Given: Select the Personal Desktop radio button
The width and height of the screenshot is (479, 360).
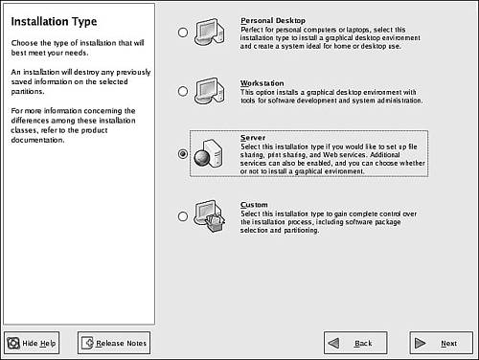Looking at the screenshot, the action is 183,33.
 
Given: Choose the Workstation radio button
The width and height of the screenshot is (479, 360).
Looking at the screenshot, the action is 183,91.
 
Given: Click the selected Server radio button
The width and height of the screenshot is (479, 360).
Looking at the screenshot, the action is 183,154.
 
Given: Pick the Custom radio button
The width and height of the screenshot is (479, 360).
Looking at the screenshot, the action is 183,216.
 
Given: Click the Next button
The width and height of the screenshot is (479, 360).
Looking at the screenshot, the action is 442,343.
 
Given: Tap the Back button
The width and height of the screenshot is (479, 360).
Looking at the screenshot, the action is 355,343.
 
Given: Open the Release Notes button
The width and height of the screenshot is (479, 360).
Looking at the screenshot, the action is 114,343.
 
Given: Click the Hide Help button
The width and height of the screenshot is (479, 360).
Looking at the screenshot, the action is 32,343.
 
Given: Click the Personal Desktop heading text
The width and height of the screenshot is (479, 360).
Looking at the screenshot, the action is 273,21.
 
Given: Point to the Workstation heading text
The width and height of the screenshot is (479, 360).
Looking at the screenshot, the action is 262,83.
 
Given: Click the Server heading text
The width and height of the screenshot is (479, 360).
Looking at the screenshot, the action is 253,138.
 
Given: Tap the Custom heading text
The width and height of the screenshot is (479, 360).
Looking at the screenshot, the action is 254,205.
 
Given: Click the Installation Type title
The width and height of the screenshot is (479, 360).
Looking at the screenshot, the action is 54,21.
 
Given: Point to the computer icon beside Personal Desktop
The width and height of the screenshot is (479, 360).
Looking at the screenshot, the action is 210,32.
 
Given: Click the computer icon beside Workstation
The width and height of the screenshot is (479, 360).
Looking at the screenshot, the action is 210,91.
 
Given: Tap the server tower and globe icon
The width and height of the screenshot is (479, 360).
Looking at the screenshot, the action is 208,153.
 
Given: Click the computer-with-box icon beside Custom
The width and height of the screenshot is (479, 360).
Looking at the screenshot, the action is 210,216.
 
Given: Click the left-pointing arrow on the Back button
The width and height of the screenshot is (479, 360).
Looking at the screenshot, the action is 333,343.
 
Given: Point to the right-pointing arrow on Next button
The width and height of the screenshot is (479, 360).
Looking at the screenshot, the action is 420,343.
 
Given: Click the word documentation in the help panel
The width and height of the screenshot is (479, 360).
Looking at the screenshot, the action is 37,140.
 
